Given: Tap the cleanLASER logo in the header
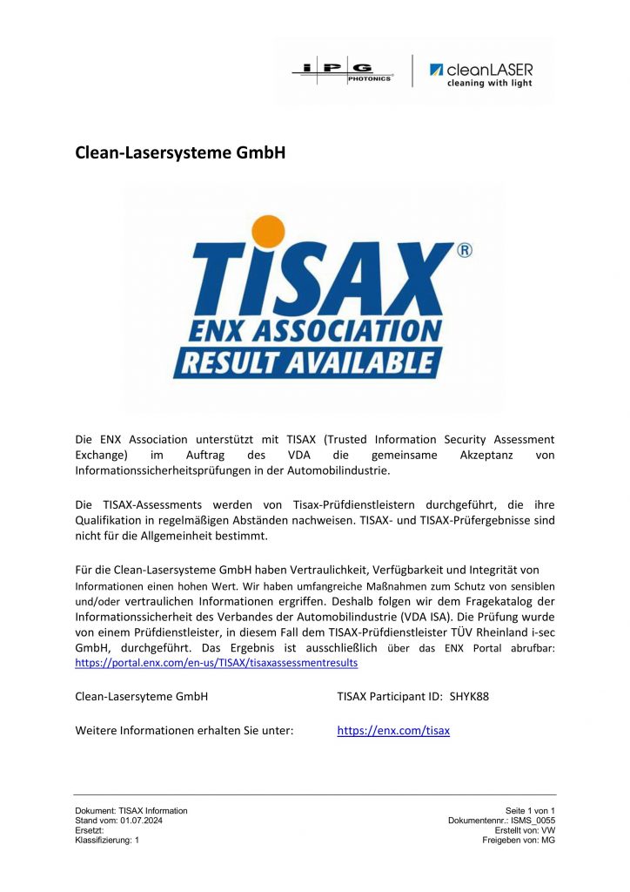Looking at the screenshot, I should coord(481,74).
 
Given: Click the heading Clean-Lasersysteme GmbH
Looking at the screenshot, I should coord(181,152).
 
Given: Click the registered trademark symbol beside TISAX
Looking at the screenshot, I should coord(464,251).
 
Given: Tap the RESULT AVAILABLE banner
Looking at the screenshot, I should coord(308,362).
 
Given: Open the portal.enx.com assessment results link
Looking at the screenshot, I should coord(217,663).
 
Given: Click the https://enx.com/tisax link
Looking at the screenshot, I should coord(393,731).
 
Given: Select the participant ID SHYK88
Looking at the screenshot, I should coord(469,697).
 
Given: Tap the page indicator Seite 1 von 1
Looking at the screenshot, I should coord(530,811).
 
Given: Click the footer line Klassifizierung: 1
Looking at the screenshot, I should coord(107,840).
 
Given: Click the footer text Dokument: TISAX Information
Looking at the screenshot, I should coord(131,811).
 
